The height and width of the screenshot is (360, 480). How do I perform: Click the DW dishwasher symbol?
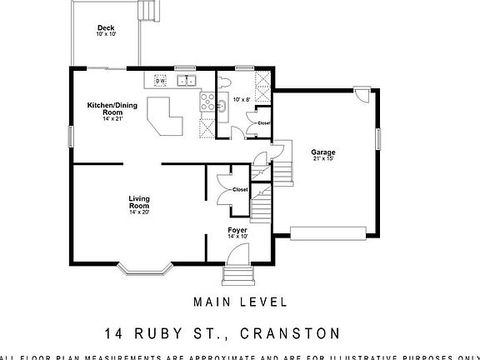(160, 81)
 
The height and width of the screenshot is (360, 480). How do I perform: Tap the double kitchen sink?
(186, 81)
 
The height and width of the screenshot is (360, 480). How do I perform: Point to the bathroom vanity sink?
(222, 106)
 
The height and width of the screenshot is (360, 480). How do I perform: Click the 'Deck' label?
(106, 28)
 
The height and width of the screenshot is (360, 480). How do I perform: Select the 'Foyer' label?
(237, 229)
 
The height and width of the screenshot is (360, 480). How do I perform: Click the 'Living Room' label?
(138, 201)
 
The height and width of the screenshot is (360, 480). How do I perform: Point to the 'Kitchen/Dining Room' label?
(112, 107)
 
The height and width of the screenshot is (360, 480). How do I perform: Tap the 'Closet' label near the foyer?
(240, 189)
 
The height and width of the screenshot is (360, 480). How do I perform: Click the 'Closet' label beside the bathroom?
(263, 123)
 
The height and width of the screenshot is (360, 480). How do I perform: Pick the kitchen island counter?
(166, 117)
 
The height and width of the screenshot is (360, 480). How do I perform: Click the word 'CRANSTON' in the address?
(289, 333)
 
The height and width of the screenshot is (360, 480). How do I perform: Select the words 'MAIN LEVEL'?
(240, 302)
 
